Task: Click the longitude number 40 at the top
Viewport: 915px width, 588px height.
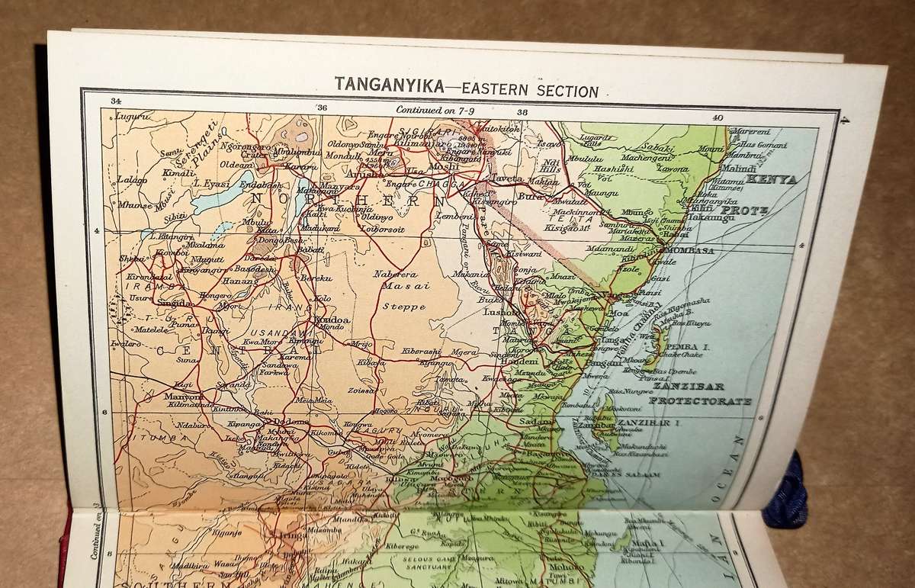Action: coord(717,117)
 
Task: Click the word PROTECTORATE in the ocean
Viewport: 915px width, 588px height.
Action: coord(700,400)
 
